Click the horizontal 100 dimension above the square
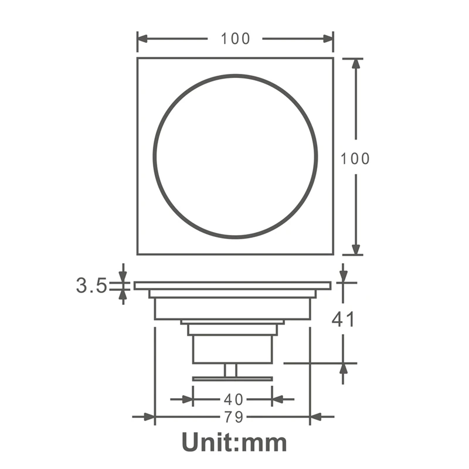click(235, 39)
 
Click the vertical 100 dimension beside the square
click(356, 158)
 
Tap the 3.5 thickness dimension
click(91, 286)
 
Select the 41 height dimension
click(344, 320)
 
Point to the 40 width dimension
click(233, 400)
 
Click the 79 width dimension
click(233, 417)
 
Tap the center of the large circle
click(235, 157)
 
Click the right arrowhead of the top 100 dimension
click(327, 39)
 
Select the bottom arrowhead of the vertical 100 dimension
click(356, 249)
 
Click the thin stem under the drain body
click(230, 370)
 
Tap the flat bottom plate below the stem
click(233, 379)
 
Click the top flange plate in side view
click(233, 286)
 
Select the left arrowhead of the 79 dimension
click(149, 417)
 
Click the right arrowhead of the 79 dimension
click(315, 417)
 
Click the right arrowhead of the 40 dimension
click(278, 400)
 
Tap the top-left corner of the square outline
click(138, 58)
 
